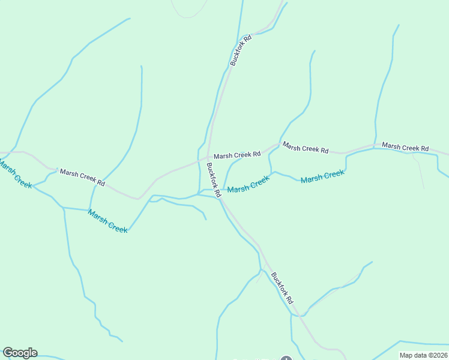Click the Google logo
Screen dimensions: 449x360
click(x=20, y=353)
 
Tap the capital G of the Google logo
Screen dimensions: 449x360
click(x=8, y=353)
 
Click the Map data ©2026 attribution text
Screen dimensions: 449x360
click(x=423, y=355)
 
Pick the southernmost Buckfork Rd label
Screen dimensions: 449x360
click(x=282, y=288)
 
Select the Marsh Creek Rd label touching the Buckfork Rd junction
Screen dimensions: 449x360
click(x=237, y=155)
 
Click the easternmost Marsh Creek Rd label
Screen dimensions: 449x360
click(x=405, y=148)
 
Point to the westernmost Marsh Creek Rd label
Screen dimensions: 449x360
click(x=83, y=178)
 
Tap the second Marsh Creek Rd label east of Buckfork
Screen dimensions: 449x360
click(x=306, y=148)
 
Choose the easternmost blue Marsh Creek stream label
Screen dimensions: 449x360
click(x=322, y=176)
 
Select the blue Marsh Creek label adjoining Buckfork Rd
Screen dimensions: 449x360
click(x=249, y=184)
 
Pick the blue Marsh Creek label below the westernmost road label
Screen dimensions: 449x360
click(x=107, y=221)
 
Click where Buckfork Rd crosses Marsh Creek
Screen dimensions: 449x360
click(x=219, y=195)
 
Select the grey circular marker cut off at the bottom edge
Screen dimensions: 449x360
click(x=286, y=359)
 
